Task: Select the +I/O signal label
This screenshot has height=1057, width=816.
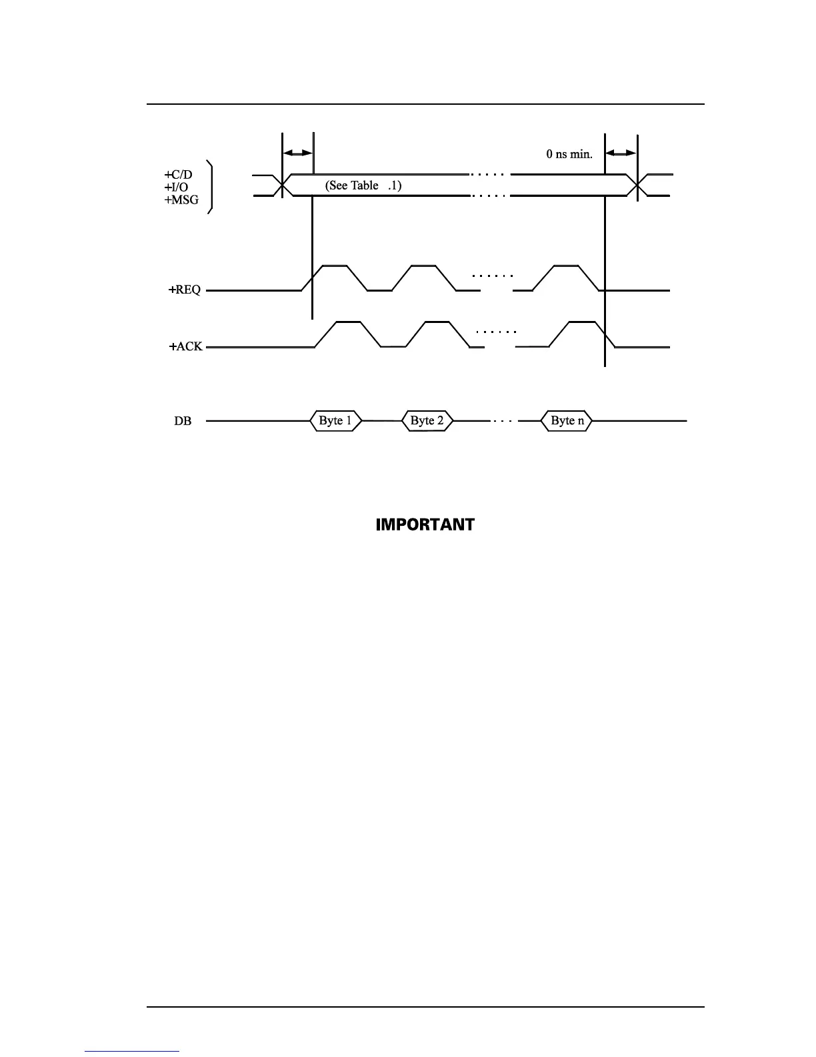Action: pyautogui.click(x=177, y=188)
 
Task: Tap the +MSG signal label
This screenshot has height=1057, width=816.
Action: pyautogui.click(x=181, y=200)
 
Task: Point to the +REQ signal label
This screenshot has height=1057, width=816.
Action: pyautogui.click(x=185, y=290)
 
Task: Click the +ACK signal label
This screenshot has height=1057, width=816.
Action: pyautogui.click(x=186, y=347)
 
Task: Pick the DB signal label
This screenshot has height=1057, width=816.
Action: pyautogui.click(x=183, y=422)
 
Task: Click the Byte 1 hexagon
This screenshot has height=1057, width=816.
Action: pyautogui.click(x=336, y=421)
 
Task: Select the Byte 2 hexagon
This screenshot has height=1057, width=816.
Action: pyautogui.click(x=427, y=421)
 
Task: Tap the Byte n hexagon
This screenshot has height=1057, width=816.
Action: pyautogui.click(x=567, y=421)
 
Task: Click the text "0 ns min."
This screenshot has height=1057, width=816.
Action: pyautogui.click(x=569, y=154)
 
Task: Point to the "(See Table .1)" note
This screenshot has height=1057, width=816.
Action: pyautogui.click(x=363, y=186)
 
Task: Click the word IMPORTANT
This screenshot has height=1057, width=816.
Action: pyautogui.click(x=425, y=524)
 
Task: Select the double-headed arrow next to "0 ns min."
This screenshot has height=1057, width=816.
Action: pyautogui.click(x=621, y=153)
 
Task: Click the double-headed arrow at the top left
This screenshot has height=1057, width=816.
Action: pyautogui.click(x=297, y=153)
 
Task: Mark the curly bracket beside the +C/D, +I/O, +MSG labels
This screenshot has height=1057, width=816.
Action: pyautogui.click(x=211, y=187)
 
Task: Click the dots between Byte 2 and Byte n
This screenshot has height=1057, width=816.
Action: pyautogui.click(x=502, y=422)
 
